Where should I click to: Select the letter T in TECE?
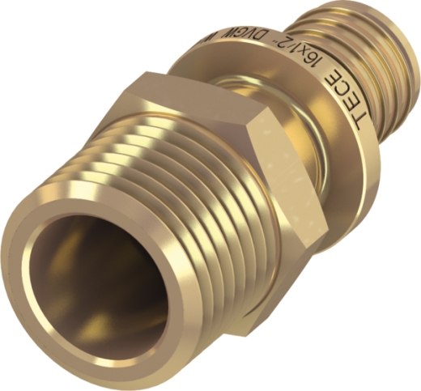coord(368,125)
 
